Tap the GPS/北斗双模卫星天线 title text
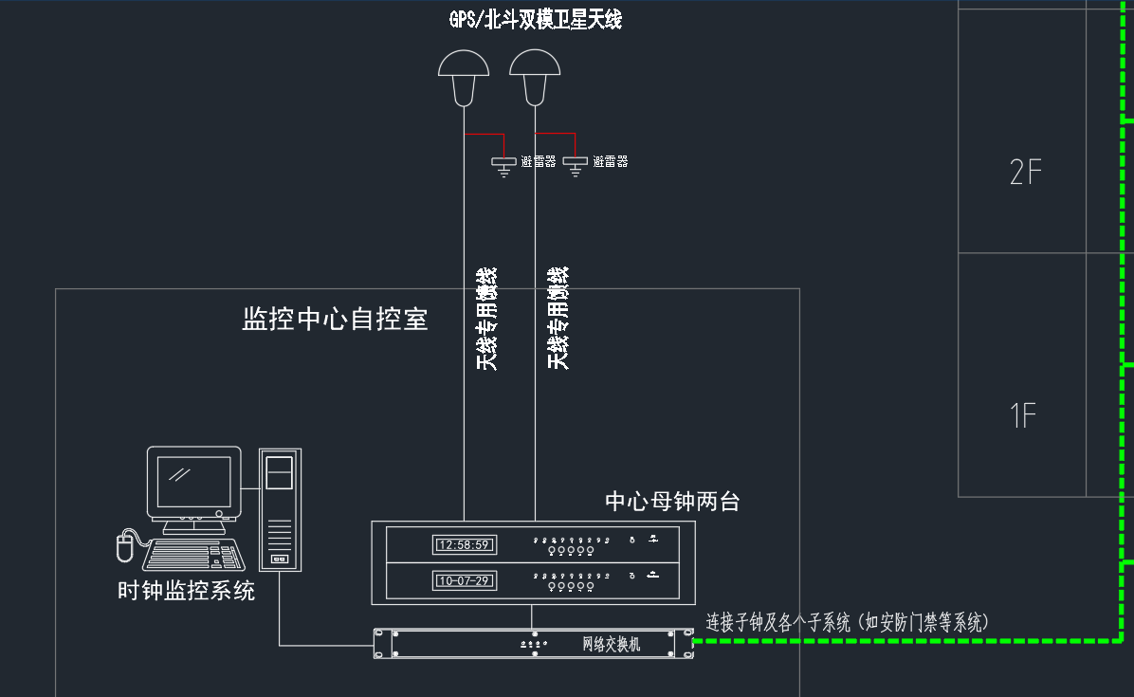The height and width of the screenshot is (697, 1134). tap(535, 19)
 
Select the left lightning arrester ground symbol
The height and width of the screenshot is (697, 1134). tap(503, 164)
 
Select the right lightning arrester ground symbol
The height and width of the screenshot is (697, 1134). tap(575, 164)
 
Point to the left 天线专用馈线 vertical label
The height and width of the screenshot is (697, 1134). tap(486, 319)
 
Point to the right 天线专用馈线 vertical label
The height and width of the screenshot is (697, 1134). tap(558, 319)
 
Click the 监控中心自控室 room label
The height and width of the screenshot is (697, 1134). tap(336, 319)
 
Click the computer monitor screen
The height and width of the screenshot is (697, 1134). tap(193, 482)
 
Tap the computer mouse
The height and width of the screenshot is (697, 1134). tap(122, 547)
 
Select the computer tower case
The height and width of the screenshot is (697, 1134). tap(280, 509)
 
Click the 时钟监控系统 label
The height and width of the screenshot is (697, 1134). tap(186, 591)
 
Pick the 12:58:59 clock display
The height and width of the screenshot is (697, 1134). tap(464, 544)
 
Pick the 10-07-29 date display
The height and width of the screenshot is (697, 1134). tap(464, 579)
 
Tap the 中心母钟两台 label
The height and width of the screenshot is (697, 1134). tap(672, 502)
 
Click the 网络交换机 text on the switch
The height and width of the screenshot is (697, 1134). tap(611, 645)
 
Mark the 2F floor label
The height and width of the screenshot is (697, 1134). tap(1025, 173)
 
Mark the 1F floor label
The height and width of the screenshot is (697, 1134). tap(1023, 415)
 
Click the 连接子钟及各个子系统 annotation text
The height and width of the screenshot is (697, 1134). tap(848, 623)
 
